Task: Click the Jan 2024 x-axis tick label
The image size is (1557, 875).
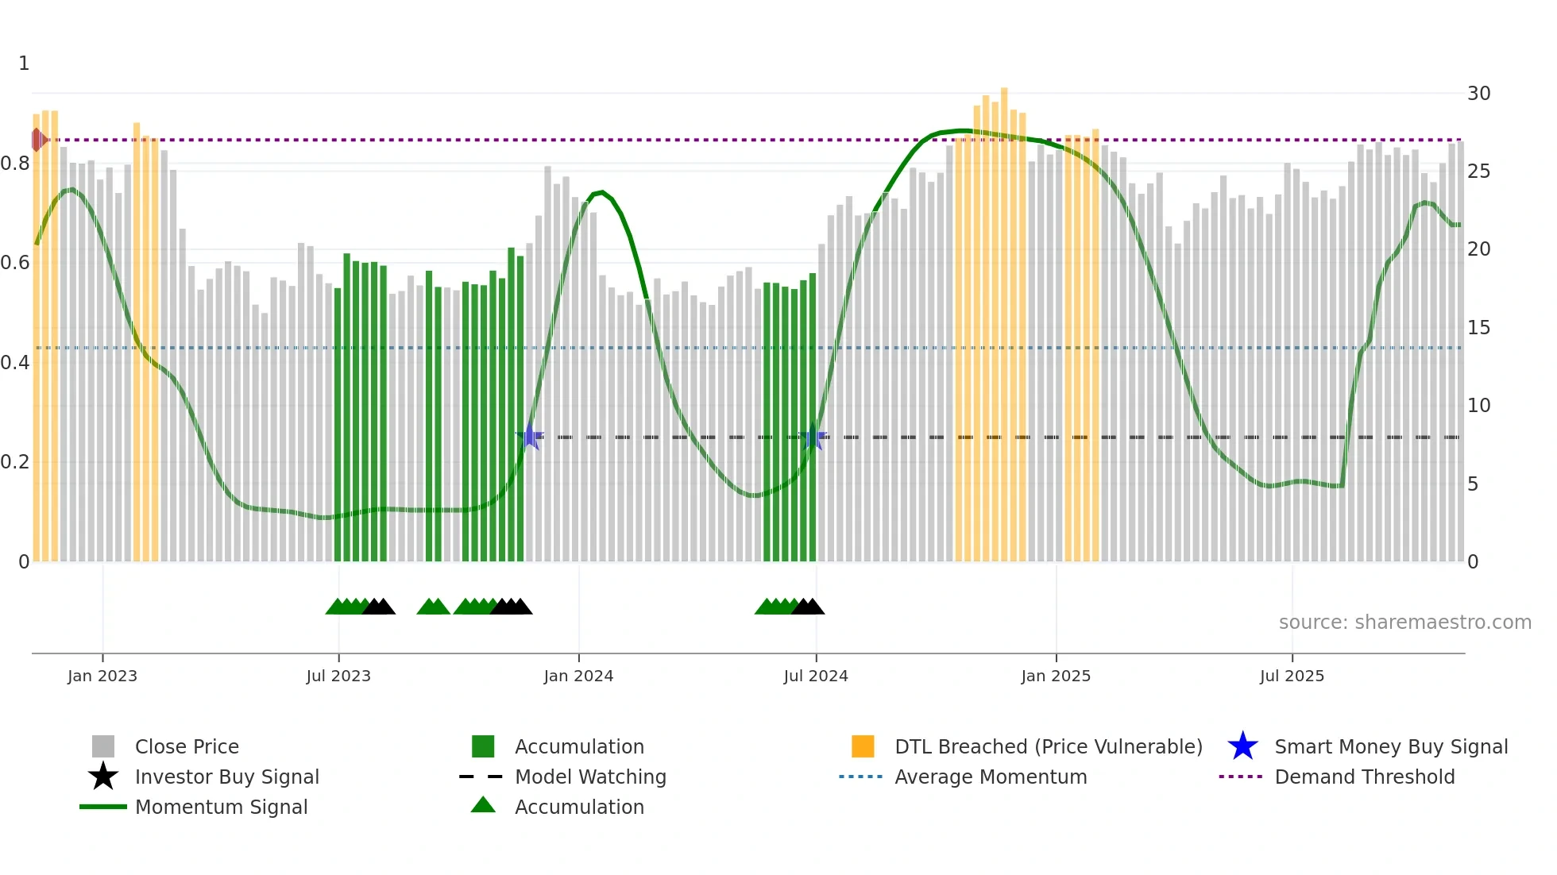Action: pos(578,676)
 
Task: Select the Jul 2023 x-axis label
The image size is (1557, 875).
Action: pos(338,676)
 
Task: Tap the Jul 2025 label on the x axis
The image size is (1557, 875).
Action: pos(1292,676)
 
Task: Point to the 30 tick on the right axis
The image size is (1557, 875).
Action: pos(1478,94)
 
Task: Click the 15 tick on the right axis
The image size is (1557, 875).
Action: pos(1478,328)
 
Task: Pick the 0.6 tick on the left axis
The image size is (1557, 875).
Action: pos(15,263)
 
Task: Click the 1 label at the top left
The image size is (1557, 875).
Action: pos(24,64)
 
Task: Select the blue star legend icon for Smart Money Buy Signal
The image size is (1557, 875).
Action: pos(1242,746)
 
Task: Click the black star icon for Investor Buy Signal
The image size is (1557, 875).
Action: pos(103,777)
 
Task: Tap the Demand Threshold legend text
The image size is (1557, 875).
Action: pos(1364,777)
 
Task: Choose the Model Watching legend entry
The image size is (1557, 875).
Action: pos(590,777)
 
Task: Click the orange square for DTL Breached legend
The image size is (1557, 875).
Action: pos(863,746)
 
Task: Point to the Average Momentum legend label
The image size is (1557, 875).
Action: pos(991,777)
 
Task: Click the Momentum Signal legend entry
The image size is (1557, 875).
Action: pos(221,807)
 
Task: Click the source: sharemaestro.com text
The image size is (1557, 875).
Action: pos(1404,623)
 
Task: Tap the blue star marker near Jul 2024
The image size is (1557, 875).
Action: pos(813,437)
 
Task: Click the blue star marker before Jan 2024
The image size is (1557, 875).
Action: pos(530,437)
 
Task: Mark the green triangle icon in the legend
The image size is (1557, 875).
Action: pos(483,805)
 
